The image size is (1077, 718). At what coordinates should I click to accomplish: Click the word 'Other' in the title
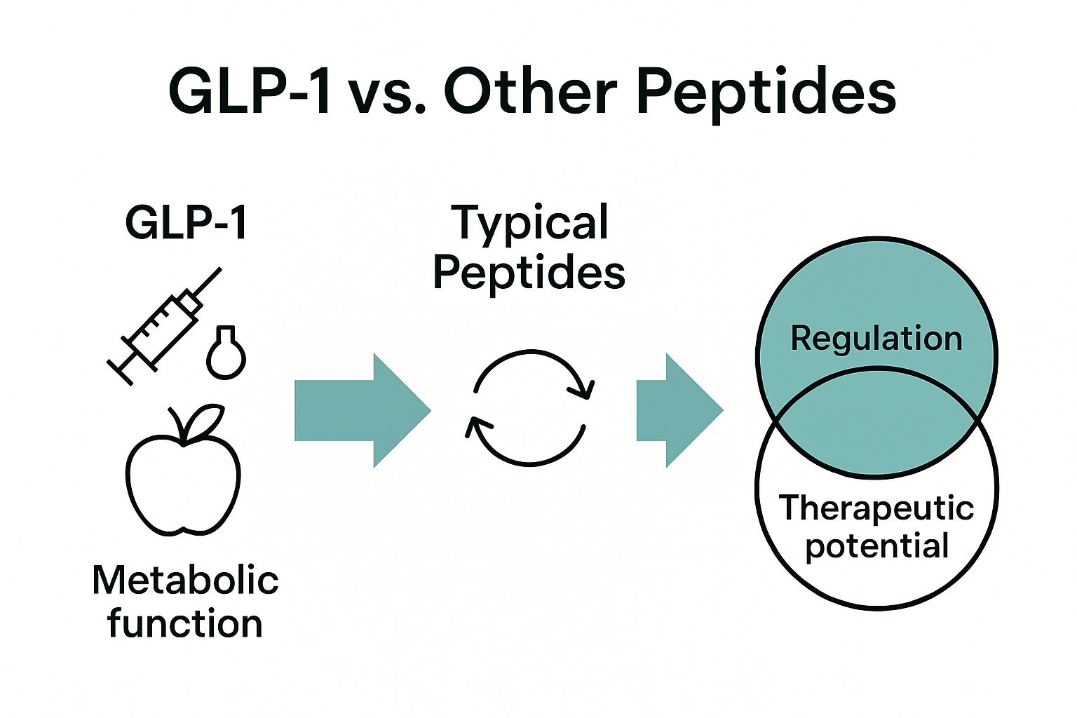click(x=531, y=93)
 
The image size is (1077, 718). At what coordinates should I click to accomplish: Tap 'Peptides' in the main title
click(x=766, y=95)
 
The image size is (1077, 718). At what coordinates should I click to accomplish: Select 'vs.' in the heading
click(x=386, y=94)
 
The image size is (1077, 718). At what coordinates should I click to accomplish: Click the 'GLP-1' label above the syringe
click(x=187, y=223)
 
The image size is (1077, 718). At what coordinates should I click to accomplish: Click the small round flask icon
click(x=226, y=353)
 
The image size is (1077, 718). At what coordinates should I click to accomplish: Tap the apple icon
click(x=183, y=477)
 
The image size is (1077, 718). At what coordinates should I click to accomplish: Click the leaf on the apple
click(x=205, y=421)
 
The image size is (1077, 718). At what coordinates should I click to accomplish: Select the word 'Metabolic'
click(x=185, y=581)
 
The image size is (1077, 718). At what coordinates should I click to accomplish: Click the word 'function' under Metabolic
click(x=185, y=623)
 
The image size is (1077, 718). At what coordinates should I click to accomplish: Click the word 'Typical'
click(x=529, y=223)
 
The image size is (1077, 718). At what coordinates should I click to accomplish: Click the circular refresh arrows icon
click(x=530, y=407)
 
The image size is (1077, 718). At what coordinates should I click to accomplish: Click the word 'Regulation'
click(x=876, y=338)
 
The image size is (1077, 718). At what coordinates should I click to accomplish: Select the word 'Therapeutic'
click(x=876, y=507)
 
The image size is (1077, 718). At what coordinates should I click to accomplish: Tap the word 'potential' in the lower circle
click(x=876, y=546)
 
